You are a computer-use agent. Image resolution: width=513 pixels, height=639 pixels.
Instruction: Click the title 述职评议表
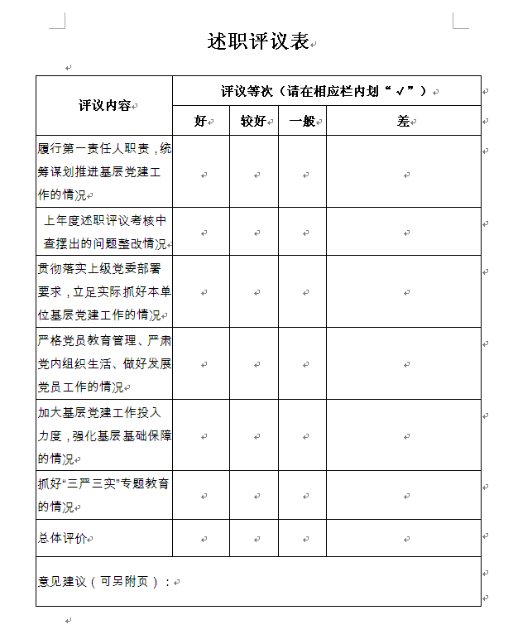click(257, 42)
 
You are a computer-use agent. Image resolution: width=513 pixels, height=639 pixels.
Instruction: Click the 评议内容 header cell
click(104, 105)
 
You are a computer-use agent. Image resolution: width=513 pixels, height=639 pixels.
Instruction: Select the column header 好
click(200, 121)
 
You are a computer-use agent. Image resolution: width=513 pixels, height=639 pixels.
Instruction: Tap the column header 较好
click(253, 121)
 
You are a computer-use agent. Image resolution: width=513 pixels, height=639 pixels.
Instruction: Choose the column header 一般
click(302, 121)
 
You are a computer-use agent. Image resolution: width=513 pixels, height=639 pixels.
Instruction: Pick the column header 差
click(403, 121)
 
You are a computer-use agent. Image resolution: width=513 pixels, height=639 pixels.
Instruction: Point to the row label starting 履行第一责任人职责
click(104, 171)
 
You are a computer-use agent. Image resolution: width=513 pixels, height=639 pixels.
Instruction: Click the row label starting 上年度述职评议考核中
click(104, 232)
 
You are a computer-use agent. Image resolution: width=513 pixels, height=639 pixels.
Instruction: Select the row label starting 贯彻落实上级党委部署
click(104, 291)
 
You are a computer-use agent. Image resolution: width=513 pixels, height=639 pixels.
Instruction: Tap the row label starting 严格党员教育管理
click(104, 363)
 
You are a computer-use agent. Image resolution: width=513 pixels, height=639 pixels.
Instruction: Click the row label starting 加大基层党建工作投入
click(104, 435)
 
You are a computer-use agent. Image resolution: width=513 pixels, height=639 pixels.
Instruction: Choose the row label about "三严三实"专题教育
click(104, 495)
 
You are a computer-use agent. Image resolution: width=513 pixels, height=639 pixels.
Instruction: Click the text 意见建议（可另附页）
click(104, 581)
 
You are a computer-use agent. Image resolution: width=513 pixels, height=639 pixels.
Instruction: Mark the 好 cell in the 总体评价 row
click(201, 538)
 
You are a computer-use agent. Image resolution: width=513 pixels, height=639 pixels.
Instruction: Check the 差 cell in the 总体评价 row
click(404, 538)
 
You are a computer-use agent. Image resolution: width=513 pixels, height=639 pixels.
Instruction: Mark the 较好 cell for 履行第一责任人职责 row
click(254, 171)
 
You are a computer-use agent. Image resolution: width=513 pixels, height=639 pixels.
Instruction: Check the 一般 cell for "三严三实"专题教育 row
click(303, 495)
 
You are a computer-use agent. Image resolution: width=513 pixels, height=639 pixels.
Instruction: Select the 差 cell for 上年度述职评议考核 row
click(404, 232)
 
